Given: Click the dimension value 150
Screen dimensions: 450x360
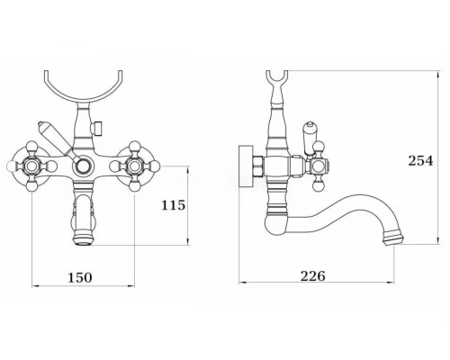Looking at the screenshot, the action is point(80,277).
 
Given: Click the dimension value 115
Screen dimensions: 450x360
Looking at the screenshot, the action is point(174,205).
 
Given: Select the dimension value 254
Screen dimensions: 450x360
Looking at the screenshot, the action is point(420,161).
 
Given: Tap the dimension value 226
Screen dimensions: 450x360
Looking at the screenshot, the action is point(313,275).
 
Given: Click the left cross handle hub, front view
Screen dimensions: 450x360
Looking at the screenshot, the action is point(31,166).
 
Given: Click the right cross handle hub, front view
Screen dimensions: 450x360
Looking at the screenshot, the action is point(134,166).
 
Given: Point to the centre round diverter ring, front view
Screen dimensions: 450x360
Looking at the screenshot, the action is point(83,166).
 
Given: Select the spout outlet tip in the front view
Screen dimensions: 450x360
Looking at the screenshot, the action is point(83,240).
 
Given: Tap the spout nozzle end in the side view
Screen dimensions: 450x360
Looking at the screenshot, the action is point(393,237).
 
